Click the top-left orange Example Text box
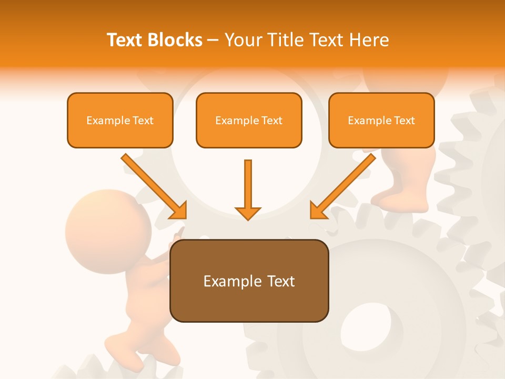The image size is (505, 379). tap(120, 120)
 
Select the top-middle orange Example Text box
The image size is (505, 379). tap(249, 120)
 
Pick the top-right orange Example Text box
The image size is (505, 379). tap(381, 120)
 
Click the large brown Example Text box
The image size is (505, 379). tap(249, 281)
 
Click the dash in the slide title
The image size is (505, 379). tap(213, 41)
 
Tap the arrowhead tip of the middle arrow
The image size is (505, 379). tap(248, 218)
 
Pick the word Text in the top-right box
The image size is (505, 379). tap(405, 121)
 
